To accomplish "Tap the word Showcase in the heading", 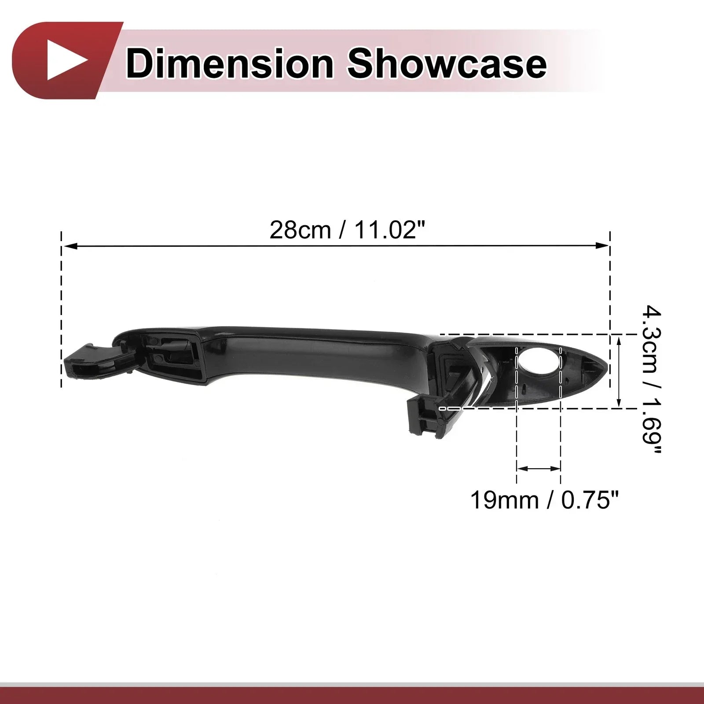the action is point(447,64).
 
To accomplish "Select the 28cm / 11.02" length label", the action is point(348,230).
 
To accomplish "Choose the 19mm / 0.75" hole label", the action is point(545,500).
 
